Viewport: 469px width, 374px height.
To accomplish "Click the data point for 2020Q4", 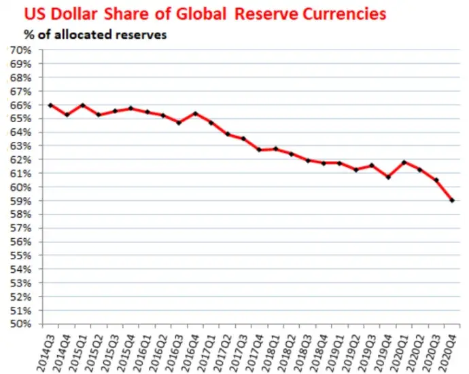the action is point(452,200).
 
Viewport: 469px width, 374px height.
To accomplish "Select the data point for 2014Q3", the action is point(50,105).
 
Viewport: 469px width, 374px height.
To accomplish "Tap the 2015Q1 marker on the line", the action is point(83,105).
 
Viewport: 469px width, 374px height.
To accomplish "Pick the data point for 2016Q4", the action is point(195,113).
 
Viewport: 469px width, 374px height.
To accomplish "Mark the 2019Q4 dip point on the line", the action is point(388,177).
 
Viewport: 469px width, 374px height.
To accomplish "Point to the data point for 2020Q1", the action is point(404,162).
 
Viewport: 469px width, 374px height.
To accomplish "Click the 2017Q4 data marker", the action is point(260,149).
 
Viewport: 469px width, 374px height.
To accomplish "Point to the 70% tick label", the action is point(20,50).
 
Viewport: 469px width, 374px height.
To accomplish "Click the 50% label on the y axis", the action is point(20,324).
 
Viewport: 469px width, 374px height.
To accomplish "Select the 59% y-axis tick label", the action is point(20,201).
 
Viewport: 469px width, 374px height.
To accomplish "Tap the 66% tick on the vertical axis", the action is point(20,105).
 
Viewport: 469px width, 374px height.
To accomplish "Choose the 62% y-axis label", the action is point(20,160).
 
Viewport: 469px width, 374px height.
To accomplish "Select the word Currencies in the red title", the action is point(344,14).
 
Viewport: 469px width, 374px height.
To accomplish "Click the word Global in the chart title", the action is point(201,14).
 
